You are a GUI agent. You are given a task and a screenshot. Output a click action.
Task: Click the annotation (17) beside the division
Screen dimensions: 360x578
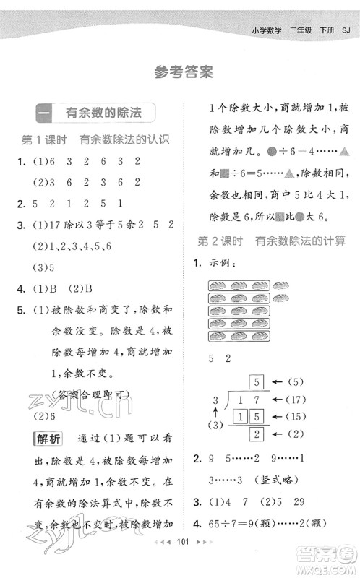click(299, 399)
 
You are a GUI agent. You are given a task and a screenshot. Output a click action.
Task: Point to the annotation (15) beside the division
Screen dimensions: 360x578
click(299, 417)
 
